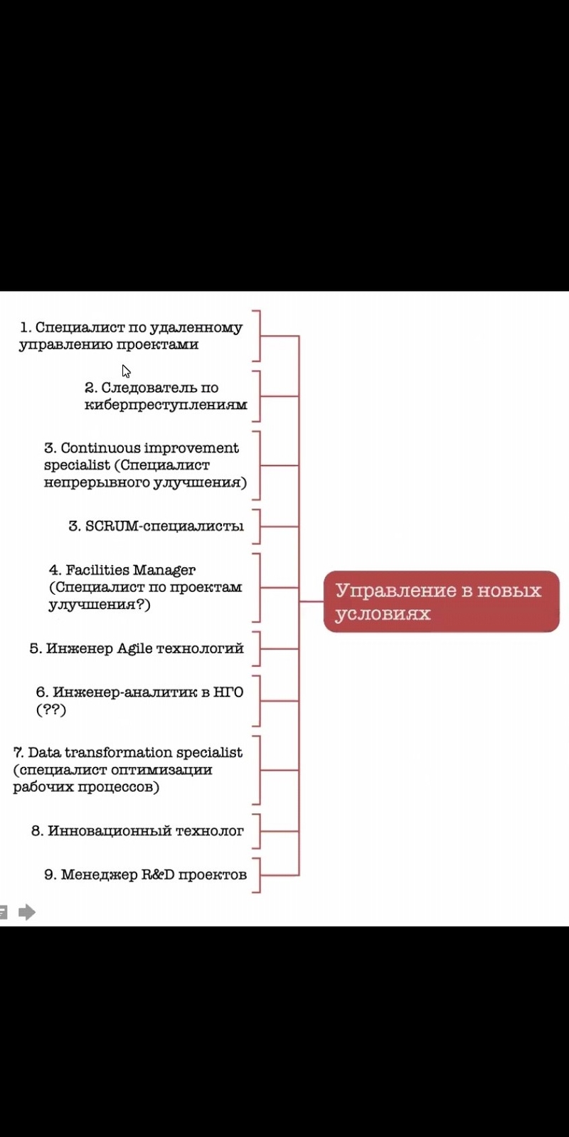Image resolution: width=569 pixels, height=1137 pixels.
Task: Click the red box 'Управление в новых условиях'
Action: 441,601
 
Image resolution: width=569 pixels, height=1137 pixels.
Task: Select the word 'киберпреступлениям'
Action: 166,405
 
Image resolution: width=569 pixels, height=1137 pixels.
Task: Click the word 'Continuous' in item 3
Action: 100,448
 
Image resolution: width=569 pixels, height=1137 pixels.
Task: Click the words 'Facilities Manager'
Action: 130,571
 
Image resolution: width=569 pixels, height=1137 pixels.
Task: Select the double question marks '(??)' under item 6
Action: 50,709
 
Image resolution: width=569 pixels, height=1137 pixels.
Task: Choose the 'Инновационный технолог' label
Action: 146,831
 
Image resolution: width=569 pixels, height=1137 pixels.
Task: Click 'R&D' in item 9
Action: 157,874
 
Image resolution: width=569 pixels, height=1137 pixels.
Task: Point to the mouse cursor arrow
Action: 126,371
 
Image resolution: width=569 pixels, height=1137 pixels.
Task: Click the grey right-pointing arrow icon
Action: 27,912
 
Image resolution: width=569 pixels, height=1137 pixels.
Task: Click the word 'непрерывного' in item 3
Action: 95,482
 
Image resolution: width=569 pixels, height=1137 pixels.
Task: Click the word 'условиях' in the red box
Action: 383,613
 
